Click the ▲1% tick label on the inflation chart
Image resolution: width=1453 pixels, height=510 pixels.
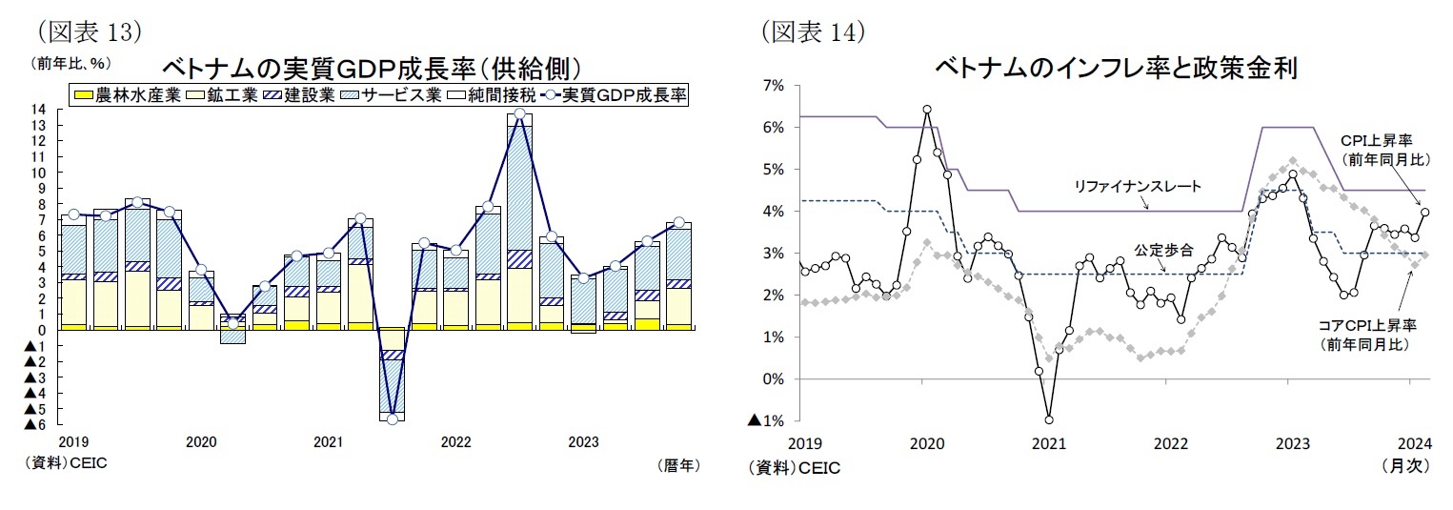coord(766,420)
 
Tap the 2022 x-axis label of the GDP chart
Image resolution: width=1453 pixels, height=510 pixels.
coord(455,442)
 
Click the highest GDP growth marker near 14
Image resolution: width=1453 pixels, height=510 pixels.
coord(519,114)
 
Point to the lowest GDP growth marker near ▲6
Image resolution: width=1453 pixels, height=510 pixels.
coord(392,418)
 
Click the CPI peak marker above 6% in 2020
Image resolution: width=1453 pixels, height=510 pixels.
coord(927,109)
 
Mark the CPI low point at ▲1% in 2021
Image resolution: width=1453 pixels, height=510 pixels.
coord(1049,418)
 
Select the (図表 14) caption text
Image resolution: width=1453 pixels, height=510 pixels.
coord(812,32)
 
